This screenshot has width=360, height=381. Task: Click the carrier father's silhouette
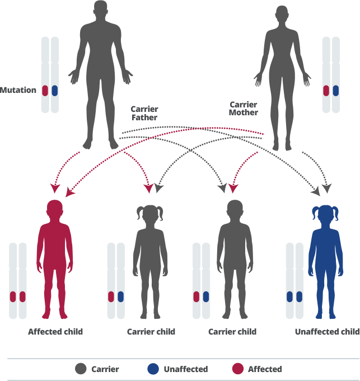(x=101, y=73)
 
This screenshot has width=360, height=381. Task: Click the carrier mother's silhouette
(x=282, y=78)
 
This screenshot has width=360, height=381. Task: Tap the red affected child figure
(x=55, y=263)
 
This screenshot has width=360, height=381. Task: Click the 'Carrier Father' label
(x=144, y=114)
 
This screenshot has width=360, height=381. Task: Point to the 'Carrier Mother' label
(x=244, y=109)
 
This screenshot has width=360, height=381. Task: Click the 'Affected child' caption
(x=55, y=332)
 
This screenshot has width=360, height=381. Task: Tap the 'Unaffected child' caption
(x=327, y=332)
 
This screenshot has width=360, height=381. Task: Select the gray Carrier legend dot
(x=82, y=369)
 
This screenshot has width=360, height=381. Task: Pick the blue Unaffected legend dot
(x=152, y=369)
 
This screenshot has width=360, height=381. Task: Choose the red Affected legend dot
(x=237, y=369)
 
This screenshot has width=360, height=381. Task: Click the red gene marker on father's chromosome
(x=45, y=90)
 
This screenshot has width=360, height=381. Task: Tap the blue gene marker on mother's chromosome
(x=336, y=90)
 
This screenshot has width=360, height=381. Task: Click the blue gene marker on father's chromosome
(x=55, y=90)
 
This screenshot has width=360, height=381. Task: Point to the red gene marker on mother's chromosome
(x=326, y=90)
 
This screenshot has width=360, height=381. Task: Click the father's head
(x=101, y=10)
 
